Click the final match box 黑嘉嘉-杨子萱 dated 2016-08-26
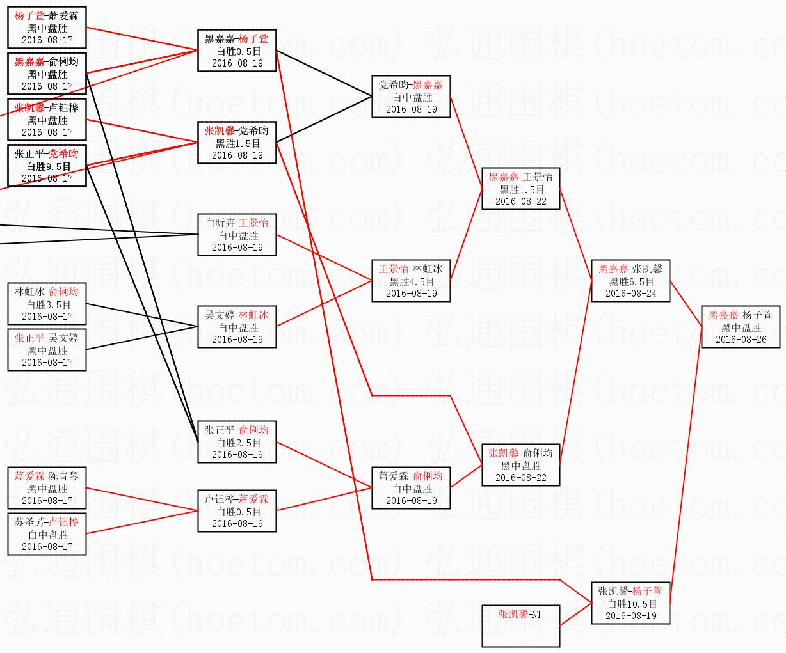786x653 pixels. [741, 327]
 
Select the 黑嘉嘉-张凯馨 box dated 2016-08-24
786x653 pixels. [630, 281]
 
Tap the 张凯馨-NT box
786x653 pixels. [520, 625]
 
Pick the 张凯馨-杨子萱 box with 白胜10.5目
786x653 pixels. [630, 603]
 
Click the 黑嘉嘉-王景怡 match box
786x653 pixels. [520, 189]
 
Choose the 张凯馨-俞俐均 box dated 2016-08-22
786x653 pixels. [520, 465]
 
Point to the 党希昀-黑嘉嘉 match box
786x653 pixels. [411, 97]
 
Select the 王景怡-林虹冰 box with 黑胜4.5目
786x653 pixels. [411, 281]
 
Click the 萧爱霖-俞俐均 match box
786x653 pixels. [411, 488]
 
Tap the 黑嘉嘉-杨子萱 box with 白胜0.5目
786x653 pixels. [237, 51]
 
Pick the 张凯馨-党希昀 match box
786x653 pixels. [237, 143]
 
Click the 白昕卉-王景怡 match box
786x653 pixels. [237, 235]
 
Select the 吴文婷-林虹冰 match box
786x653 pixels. [237, 327]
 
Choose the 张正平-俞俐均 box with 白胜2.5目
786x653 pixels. [237, 442]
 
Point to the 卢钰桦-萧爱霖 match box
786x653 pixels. [237, 511]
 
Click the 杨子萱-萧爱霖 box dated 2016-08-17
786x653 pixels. [47, 28]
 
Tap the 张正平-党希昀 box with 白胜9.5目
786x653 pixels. [47, 166]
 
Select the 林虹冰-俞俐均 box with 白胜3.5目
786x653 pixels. [47, 304]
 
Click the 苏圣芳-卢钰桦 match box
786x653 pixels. [47, 534]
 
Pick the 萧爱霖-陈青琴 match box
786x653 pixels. [47, 488]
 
